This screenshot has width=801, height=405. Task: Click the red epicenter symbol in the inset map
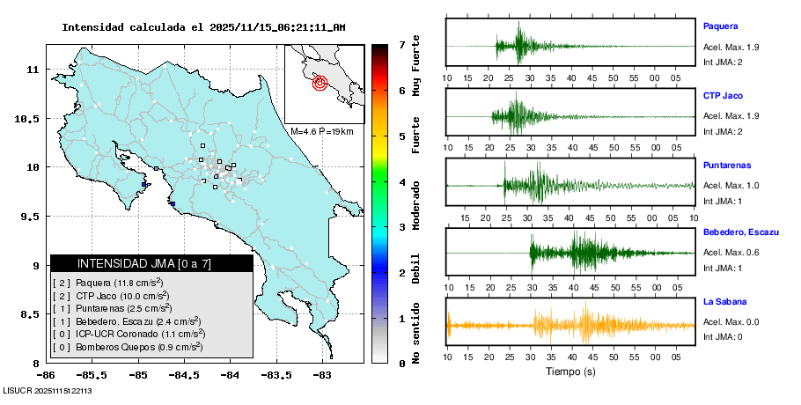pos(320,84)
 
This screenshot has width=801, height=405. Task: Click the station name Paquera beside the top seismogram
pos(720,26)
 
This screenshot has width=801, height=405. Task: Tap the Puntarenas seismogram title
pos(728,165)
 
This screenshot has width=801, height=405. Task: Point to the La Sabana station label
pos(724,302)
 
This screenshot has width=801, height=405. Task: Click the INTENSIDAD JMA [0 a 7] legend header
pos(144,263)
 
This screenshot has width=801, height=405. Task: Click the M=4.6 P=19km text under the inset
pos(321,131)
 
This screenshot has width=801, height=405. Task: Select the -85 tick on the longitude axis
pos(138,374)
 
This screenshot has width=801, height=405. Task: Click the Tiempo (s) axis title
pos(570,372)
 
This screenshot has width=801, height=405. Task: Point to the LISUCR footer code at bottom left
pos(48,390)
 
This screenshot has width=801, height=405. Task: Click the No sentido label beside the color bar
pos(415,331)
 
